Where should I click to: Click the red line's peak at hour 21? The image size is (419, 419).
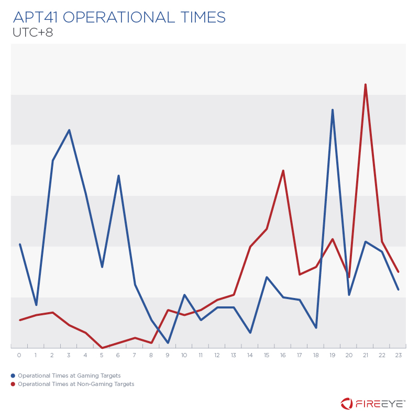(365, 84)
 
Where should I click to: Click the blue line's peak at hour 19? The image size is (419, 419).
(333, 110)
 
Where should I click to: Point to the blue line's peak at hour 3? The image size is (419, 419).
(69, 130)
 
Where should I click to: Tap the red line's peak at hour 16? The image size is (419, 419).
(283, 170)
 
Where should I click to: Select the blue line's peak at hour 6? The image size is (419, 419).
(119, 175)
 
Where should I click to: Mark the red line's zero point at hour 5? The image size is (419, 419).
(102, 347)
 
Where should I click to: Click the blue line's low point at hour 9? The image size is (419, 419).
(168, 343)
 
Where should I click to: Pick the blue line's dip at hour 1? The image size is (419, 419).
(36, 305)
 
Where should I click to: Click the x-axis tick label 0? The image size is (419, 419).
(19, 356)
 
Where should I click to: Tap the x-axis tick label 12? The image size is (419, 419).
(217, 356)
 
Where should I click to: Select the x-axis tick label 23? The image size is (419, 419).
(399, 356)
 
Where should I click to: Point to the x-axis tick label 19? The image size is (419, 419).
(333, 356)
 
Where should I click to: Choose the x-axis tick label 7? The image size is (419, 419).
(135, 356)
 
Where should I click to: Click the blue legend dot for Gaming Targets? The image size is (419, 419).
(13, 376)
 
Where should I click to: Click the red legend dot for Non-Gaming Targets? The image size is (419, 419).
(13, 384)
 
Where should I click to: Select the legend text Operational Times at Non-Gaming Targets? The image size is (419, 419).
(76, 384)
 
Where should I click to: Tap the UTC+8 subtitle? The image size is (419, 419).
(32, 32)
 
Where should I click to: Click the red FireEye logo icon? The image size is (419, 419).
(347, 403)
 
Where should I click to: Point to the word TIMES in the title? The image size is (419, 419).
(201, 17)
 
